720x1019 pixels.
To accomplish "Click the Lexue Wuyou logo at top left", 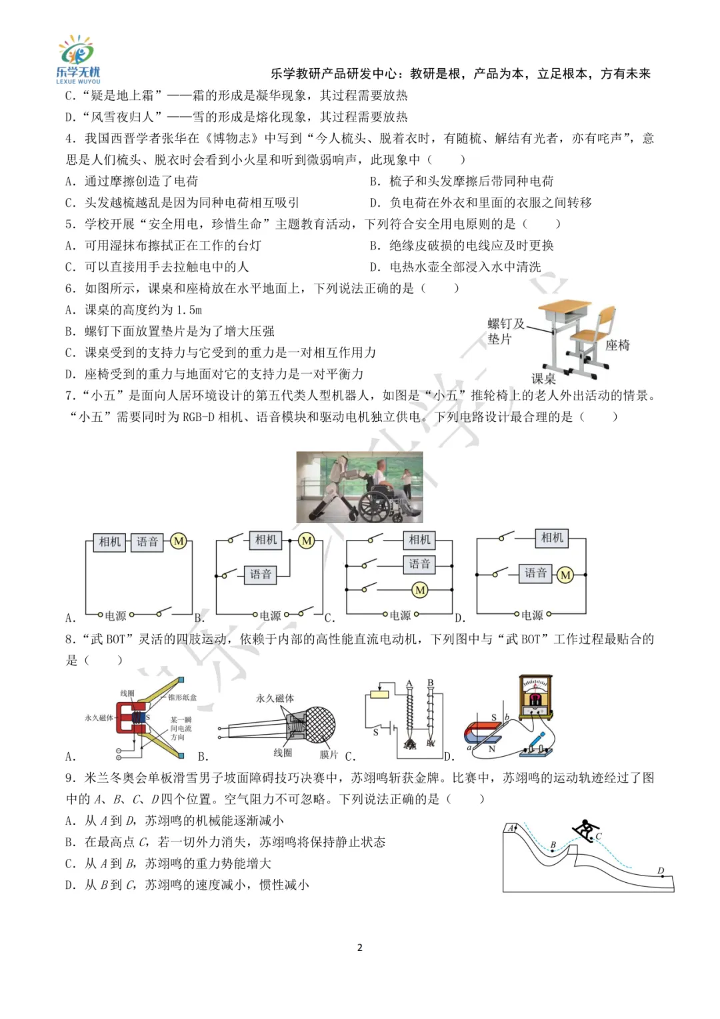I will (x=77, y=59).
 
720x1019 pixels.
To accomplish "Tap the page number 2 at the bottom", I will (x=360, y=948).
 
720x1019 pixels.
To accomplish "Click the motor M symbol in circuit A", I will (x=179, y=541).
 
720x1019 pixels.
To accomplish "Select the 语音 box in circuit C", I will (x=419, y=565).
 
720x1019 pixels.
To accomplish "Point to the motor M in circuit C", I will (x=420, y=590).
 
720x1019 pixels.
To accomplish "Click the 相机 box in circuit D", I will (x=552, y=538).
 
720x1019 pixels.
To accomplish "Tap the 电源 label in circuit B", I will (x=270, y=615).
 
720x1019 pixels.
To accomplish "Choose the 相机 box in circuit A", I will (x=110, y=542).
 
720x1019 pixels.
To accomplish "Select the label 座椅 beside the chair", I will (x=617, y=345).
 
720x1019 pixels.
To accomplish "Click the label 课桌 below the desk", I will (x=543, y=378).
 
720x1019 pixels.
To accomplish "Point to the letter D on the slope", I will (x=661, y=871).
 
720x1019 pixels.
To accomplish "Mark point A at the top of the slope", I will (x=512, y=828).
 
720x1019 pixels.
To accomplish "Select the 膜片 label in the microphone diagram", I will (x=329, y=754).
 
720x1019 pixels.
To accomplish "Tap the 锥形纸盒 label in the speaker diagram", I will (x=182, y=697).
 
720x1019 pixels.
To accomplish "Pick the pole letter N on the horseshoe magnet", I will (x=492, y=749).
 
